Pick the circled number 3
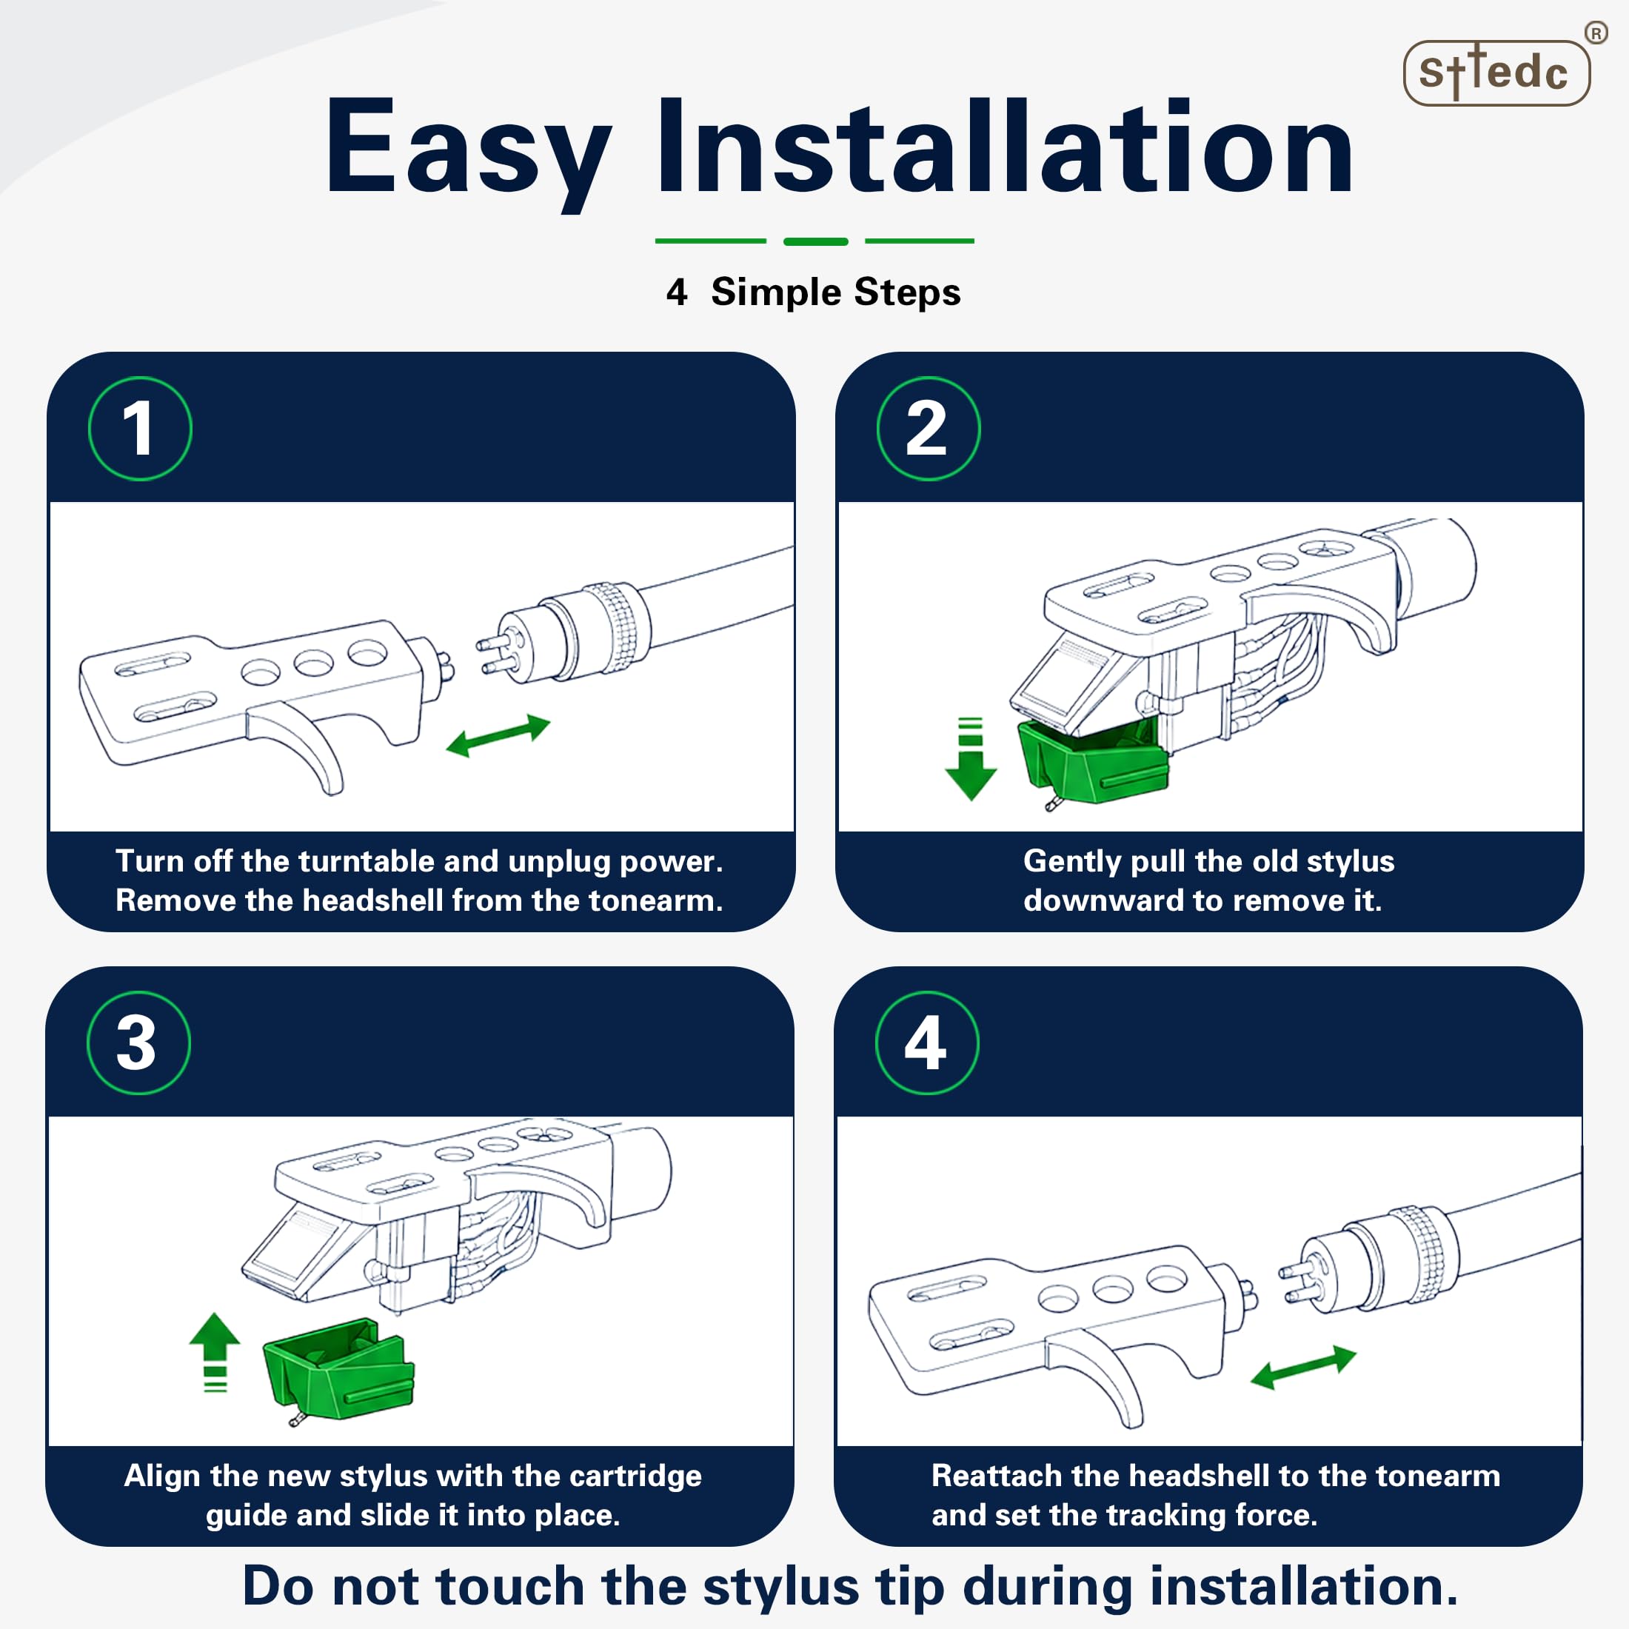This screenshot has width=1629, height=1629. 139,1043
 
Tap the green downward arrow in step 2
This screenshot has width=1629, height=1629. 971,758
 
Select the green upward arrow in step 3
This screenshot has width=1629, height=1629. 215,1351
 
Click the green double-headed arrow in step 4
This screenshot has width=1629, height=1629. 1302,1367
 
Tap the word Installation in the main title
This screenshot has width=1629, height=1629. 1004,148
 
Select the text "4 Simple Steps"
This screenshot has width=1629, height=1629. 814,292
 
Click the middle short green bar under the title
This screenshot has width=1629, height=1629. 815,242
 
